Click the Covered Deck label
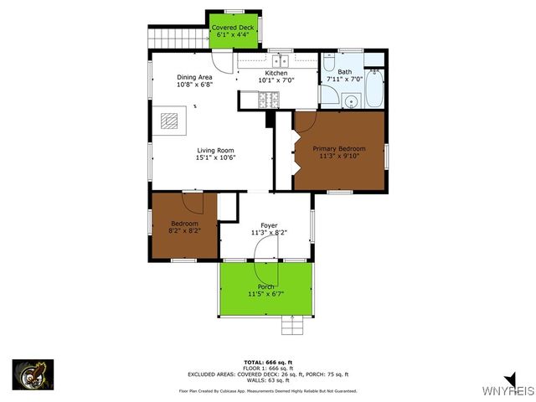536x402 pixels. tap(234, 28)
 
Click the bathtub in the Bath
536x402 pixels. tap(374, 89)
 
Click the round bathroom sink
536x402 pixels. tap(351, 101)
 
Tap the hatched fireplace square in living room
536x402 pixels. tap(171, 121)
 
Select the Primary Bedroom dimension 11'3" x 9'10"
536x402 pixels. tap(339, 157)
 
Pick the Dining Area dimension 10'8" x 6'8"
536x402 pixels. tap(194, 85)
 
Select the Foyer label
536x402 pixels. tap(269, 224)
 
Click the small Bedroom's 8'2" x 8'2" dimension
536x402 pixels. tap(184, 231)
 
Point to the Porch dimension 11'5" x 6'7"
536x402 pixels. tap(266, 294)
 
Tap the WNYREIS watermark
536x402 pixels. tap(508, 390)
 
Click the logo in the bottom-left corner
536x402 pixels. tap(33, 375)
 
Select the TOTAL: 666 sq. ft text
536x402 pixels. tap(267, 361)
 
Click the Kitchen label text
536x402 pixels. tap(276, 74)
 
